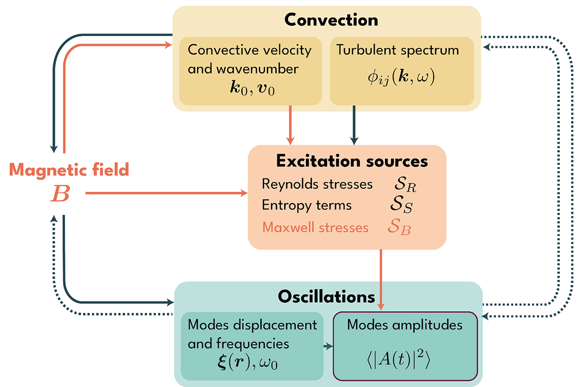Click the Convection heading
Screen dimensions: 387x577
[331, 20]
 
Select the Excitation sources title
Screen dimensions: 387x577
[352, 161]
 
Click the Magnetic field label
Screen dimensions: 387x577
[69, 169]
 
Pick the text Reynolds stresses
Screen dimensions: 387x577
[317, 184]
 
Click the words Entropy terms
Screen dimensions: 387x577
[307, 205]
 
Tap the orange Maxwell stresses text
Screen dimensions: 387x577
[315, 227]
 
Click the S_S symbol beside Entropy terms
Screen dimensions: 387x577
[401, 206]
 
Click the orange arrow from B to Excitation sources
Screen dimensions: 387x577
[166, 193]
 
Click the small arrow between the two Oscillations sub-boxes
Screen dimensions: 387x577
[327, 346]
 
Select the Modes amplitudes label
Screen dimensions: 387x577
[405, 325]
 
